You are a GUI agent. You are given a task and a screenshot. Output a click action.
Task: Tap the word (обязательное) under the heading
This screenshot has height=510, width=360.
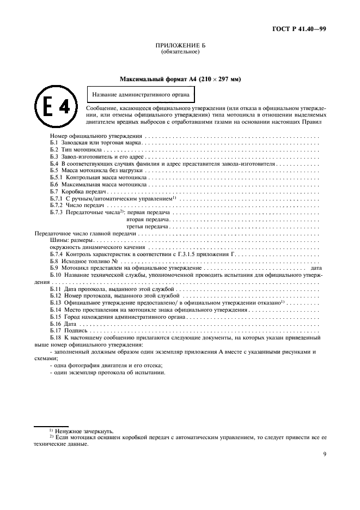pyautogui.click(x=180, y=52)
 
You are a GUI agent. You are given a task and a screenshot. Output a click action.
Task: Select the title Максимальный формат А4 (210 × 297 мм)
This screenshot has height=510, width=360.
pyautogui.click(x=180, y=79)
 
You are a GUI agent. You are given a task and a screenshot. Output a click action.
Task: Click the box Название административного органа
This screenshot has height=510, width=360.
pyautogui.click(x=141, y=95)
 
